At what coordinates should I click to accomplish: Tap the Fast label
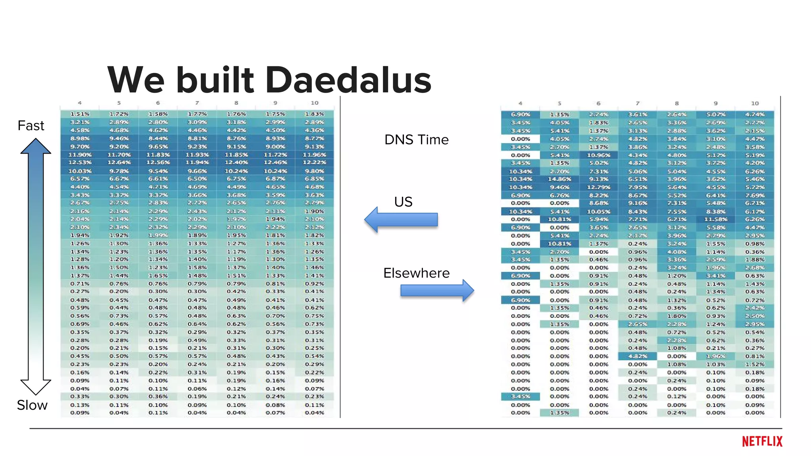point(30,126)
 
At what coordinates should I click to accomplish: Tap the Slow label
point(32,405)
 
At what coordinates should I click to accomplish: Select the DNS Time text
point(416,140)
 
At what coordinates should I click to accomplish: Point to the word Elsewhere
point(416,273)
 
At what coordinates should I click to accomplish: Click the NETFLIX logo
point(762,441)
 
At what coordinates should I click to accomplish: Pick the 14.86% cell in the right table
point(559,179)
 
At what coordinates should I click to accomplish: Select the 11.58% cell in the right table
point(715,219)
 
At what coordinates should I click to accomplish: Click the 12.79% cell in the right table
point(598,187)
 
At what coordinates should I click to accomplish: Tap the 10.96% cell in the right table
point(598,155)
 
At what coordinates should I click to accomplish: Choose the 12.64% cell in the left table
point(119,163)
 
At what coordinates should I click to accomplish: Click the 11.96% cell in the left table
point(314,155)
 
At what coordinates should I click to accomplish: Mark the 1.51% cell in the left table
point(80,114)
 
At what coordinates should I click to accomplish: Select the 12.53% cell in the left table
point(80,163)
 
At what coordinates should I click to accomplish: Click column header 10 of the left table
point(314,103)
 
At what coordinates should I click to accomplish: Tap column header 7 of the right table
point(637,103)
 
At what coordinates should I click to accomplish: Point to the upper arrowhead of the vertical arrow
point(36,146)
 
